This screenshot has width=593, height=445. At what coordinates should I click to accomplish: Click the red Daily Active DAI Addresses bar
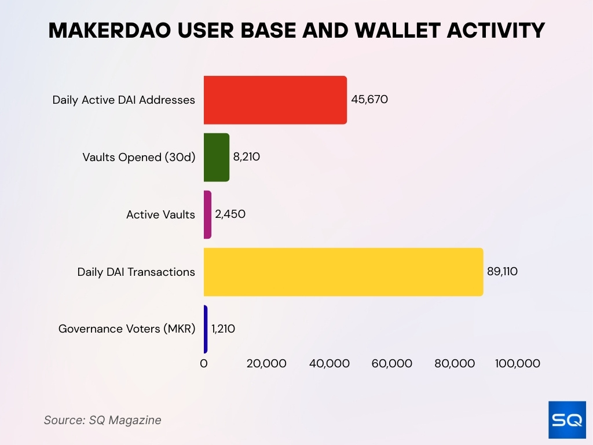(x=275, y=100)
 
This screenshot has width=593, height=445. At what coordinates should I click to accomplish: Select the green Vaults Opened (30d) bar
(x=217, y=157)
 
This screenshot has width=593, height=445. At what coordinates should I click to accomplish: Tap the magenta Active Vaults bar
(x=207, y=214)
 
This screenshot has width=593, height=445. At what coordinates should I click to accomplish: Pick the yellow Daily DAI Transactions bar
(x=343, y=272)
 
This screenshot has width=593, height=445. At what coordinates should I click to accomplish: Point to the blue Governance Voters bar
(x=206, y=329)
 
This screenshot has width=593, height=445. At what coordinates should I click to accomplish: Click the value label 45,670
(x=369, y=99)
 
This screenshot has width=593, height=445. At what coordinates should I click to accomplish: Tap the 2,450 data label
(x=230, y=214)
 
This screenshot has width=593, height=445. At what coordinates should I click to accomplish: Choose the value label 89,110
(x=502, y=271)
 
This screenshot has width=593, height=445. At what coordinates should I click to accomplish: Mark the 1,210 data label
(x=223, y=329)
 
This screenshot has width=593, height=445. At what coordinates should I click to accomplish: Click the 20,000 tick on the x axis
(x=266, y=364)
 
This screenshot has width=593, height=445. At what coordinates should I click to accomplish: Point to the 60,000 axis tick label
(x=393, y=364)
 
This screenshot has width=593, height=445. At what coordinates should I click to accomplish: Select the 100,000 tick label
(x=517, y=364)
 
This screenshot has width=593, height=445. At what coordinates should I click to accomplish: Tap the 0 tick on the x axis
(x=204, y=364)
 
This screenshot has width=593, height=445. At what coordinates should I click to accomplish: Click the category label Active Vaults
(x=160, y=215)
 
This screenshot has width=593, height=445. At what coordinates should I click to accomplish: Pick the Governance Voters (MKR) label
(x=127, y=329)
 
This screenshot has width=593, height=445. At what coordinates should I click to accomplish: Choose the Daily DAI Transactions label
(x=136, y=272)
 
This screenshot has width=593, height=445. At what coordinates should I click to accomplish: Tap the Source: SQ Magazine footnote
(x=103, y=420)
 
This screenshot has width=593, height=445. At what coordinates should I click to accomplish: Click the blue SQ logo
(x=566, y=419)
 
